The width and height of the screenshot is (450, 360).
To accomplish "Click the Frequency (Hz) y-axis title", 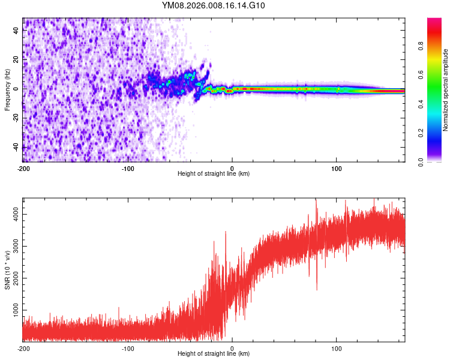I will pyautogui.click(x=7, y=89).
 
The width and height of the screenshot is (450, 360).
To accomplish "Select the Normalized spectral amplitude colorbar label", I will pyautogui.click(x=446, y=90).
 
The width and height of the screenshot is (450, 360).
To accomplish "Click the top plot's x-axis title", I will pyautogui.click(x=214, y=174).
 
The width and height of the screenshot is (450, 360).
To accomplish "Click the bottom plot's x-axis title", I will pyautogui.click(x=214, y=354).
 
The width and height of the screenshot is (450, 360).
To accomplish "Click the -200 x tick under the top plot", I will pyautogui.click(x=23, y=168).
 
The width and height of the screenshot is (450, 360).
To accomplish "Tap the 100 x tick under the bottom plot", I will pyautogui.click(x=337, y=348).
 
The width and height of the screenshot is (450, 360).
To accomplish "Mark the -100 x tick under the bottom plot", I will pyautogui.click(x=127, y=348).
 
